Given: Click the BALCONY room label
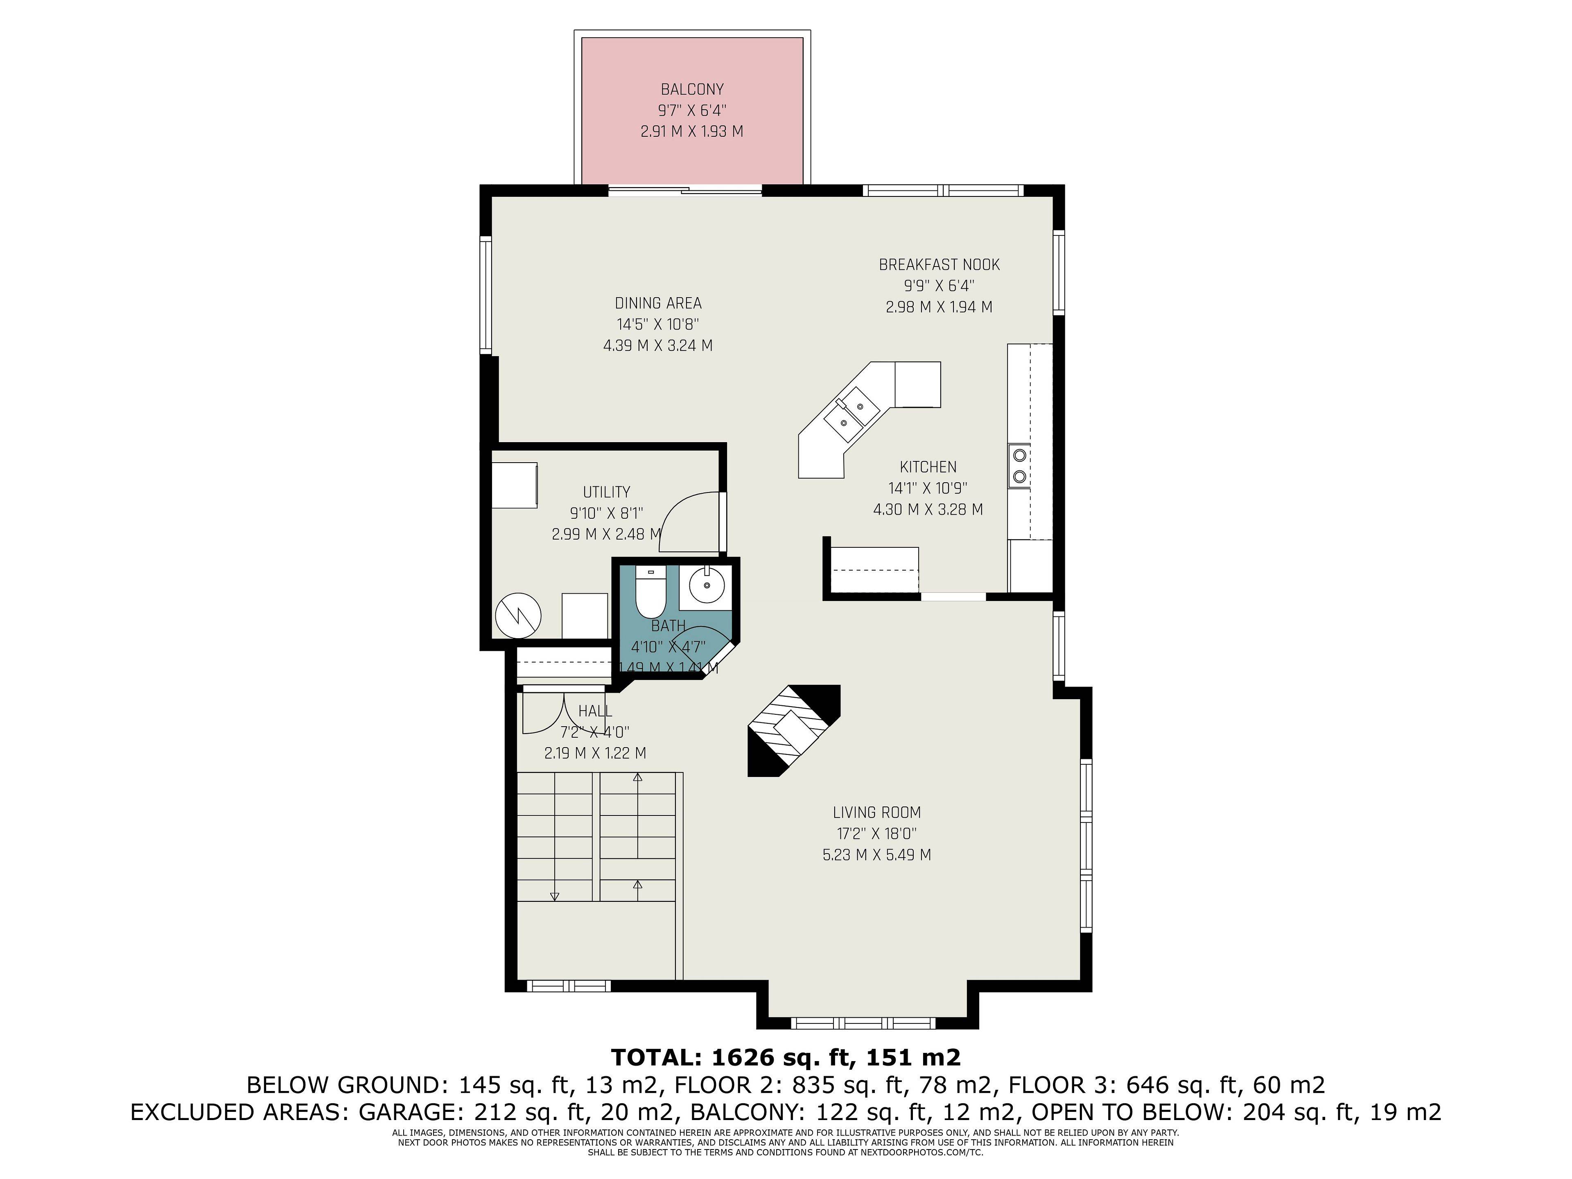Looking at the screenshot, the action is coord(691,90).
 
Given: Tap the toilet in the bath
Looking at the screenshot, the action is coord(649,593).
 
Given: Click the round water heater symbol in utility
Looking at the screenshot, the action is coord(518,615).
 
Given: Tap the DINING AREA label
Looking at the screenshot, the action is coord(658,303).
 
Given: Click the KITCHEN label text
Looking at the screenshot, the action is coord(928,467).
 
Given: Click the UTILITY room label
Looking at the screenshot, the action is coord(606,492).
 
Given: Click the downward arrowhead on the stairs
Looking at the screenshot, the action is coord(554,896).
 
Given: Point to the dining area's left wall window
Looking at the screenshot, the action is coord(486,295).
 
